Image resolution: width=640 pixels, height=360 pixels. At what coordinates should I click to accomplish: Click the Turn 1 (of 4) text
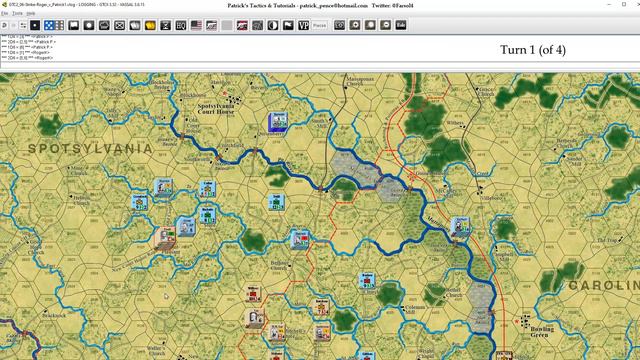tap(532, 50)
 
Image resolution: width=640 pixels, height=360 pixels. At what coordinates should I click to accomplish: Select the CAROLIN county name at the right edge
tap(604, 285)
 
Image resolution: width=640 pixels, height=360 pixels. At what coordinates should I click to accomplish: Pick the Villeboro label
tap(466, 198)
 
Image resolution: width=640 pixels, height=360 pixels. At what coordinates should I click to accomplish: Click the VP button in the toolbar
tap(303, 24)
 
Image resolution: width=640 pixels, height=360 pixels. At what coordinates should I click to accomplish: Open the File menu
tap(5, 14)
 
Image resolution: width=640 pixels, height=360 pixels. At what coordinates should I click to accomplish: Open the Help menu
tap(31, 14)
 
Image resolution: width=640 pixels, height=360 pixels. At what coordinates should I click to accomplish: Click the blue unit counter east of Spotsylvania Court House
tap(278, 122)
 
